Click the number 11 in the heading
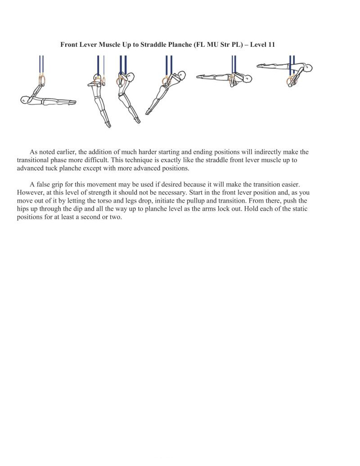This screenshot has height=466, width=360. click(271, 45)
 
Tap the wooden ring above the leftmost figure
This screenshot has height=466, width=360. click(42, 81)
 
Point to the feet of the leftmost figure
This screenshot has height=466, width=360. click(72, 102)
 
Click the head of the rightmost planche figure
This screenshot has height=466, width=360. click(308, 68)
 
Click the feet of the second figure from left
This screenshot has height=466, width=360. click(108, 124)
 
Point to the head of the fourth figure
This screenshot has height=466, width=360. click(180, 74)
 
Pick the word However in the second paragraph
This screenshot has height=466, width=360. click(30, 193)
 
